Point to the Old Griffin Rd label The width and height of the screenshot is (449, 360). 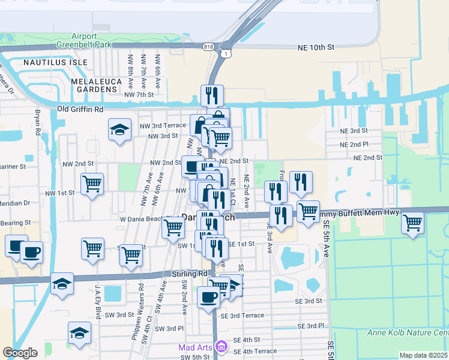click(x=80, y=109)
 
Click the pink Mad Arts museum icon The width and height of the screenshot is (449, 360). click(x=221, y=347)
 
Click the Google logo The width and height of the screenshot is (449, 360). click(x=20, y=353)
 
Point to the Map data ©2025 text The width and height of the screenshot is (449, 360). click(x=424, y=355)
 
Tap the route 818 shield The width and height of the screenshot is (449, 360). click(x=208, y=46)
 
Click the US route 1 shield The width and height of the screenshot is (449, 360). click(x=224, y=54)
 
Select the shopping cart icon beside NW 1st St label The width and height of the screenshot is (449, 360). click(x=92, y=184)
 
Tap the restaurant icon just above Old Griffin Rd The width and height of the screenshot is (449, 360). click(x=212, y=95)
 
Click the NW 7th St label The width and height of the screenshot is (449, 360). click(x=139, y=95)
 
